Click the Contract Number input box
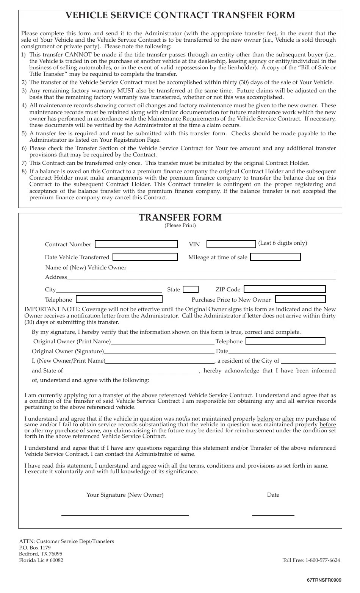(136, 244)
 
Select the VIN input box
(231, 244)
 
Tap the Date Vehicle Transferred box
(145, 257)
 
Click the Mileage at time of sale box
(275, 257)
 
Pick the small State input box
(191, 289)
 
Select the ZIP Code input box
(285, 289)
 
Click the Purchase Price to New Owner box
(300, 299)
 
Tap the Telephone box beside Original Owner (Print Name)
(285, 341)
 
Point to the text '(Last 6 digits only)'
(283, 243)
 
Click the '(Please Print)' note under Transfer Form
(180, 225)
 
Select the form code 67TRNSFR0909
(324, 580)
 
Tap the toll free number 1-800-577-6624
(322, 560)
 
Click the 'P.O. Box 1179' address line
(35, 548)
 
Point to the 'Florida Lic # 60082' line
(41, 560)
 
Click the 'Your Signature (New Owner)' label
(125, 495)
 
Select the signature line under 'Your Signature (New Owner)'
(125, 515)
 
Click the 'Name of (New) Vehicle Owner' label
(86, 268)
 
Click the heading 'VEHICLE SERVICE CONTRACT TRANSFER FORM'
(180, 15)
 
